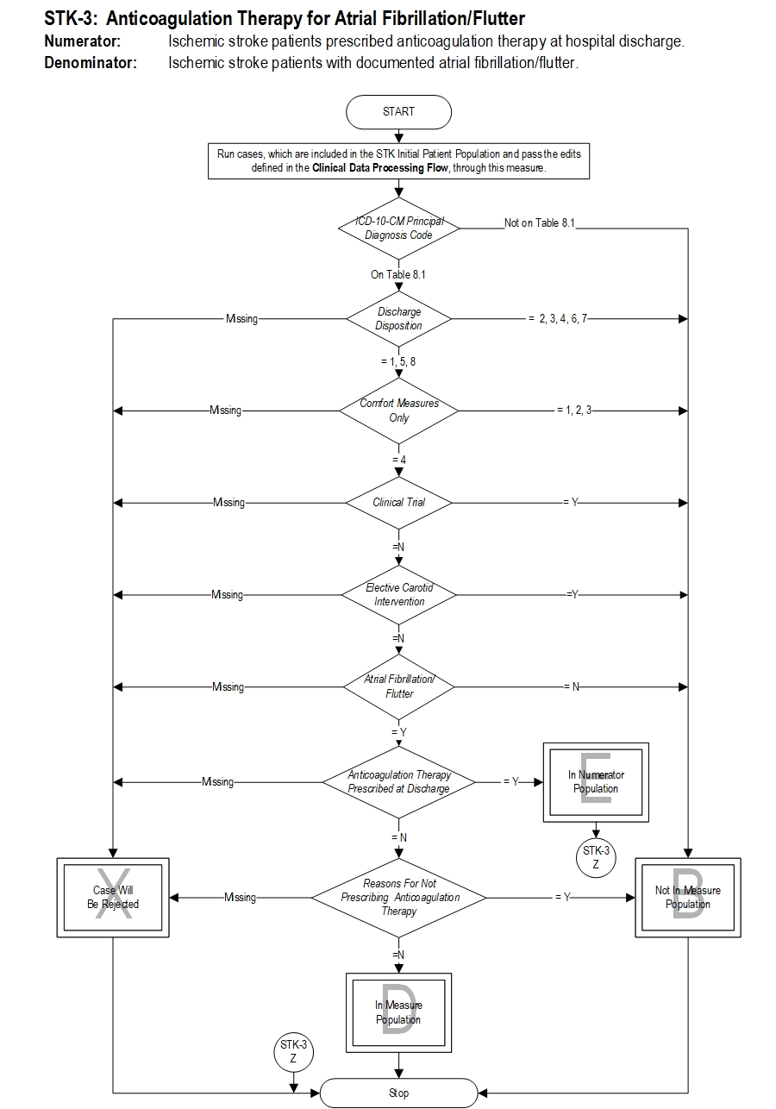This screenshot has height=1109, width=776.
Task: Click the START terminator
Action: pos(398,111)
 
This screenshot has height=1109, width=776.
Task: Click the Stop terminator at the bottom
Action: pos(398,1093)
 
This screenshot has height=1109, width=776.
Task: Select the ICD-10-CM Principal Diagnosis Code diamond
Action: pos(398,229)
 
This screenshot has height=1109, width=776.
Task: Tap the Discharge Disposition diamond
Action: pos(398,319)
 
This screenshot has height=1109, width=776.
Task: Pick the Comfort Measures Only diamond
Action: pos(398,410)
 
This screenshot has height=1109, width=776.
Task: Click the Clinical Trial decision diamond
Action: pos(398,502)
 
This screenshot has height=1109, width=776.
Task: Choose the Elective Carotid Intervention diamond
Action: pos(398,594)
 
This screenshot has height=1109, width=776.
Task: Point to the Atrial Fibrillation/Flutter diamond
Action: pos(398,686)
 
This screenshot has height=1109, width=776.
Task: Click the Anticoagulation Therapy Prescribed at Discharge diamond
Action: pos(398,781)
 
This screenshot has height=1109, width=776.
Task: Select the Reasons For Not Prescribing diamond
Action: pos(398,898)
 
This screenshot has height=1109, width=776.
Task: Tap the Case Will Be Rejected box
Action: pos(113,898)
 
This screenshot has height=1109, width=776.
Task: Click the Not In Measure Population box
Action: pos(688,898)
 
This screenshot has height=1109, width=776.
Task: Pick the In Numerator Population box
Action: pos(596,782)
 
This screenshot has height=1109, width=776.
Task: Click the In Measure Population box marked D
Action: pos(398,1012)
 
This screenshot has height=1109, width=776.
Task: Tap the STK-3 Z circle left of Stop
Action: pos(293,1051)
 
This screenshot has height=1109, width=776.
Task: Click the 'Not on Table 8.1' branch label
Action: pos(540,223)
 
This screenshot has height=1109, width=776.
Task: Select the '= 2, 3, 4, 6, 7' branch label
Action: pos(557,319)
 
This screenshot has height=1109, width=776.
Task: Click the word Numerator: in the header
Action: pos(83,41)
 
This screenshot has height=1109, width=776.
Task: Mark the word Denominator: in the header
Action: pos(91,62)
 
